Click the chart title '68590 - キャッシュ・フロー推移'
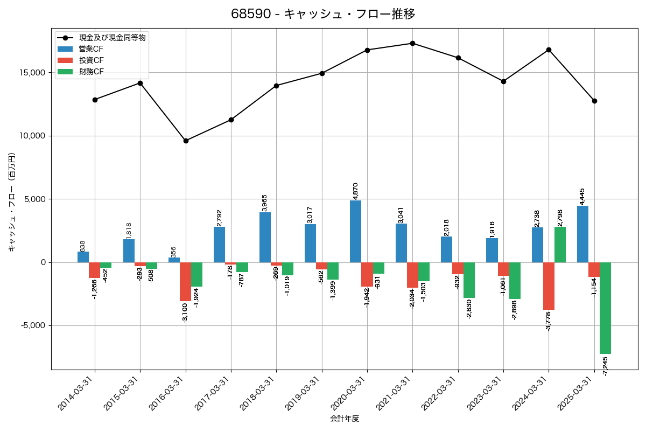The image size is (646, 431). tap(323, 14)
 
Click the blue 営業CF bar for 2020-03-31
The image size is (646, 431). tap(355, 232)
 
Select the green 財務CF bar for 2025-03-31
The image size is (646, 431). tap(605, 308)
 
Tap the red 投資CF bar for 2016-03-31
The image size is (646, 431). tap(185, 282)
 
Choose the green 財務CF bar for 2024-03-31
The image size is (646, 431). tap(560, 245)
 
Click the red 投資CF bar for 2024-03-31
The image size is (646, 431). tap(549, 286)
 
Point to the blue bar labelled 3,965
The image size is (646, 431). tap(265, 237)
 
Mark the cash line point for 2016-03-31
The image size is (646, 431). tap(186, 141)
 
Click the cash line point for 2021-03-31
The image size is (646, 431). tap(412, 43)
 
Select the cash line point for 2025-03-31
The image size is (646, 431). tap(594, 101)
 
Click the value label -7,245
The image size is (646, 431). tap(605, 366)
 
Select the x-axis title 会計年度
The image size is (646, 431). tap(345, 419)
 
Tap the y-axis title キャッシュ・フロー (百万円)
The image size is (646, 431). tap(12, 202)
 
